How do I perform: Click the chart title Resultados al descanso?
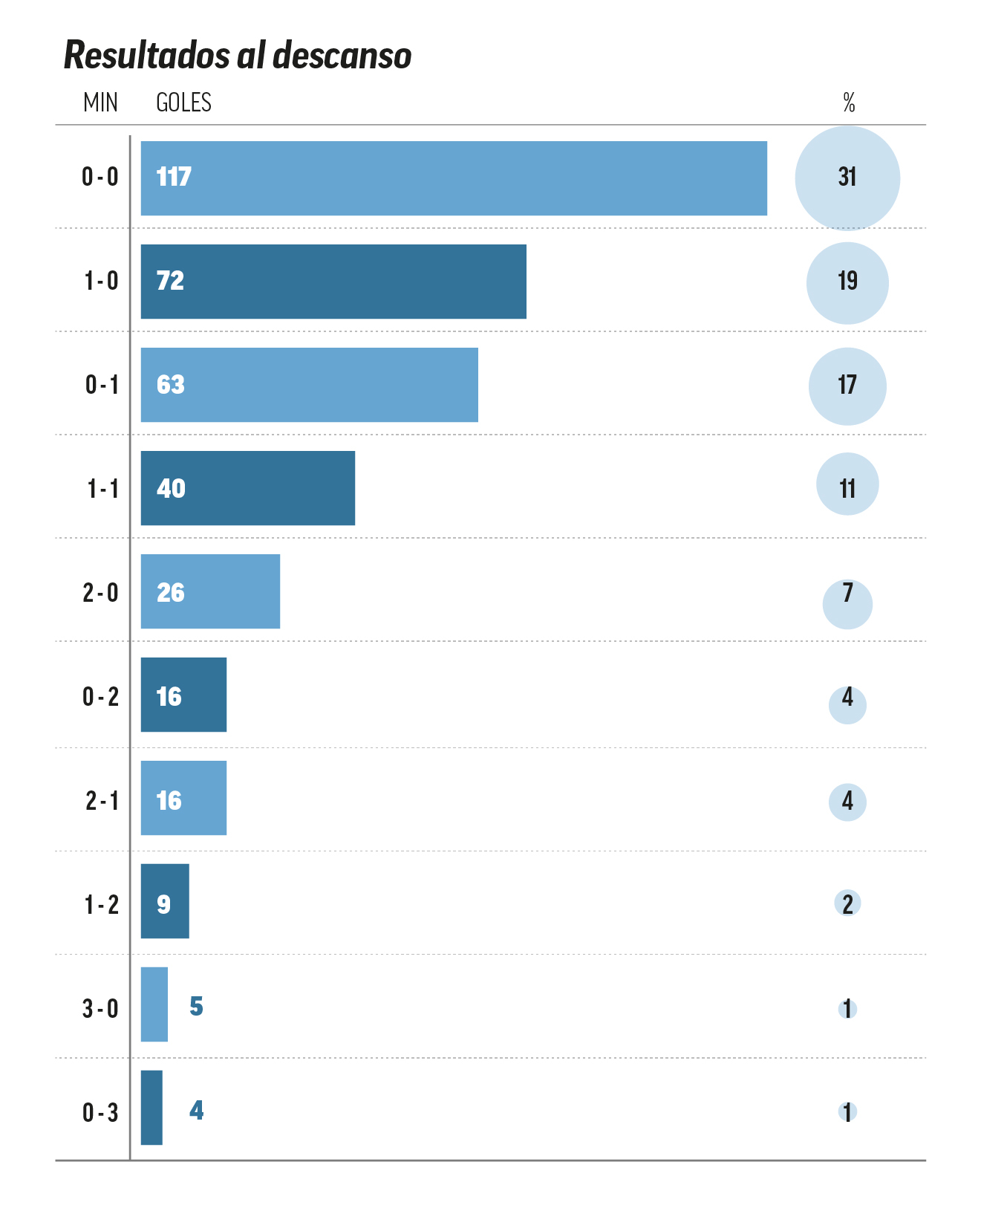coord(238,56)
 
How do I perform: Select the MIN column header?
coord(100,103)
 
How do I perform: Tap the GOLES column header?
coord(183,103)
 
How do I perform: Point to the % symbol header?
coord(849,103)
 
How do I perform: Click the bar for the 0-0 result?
coord(453,178)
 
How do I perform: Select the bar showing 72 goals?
coord(333,282)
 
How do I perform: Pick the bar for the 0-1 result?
coord(309,385)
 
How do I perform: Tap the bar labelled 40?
coord(247,488)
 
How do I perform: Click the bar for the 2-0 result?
coord(210,591)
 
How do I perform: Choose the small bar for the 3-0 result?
coord(154,1004)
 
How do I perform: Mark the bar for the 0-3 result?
coord(151,1108)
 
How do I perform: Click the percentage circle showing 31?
coord(847,178)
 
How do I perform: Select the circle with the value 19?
coord(847,282)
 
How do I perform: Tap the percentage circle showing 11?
coord(847,484)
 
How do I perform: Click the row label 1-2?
coord(101,905)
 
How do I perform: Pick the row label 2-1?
coord(101,801)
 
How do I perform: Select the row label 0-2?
coord(100,697)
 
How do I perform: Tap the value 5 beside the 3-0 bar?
coord(196,1006)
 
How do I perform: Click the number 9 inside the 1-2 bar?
coord(163,904)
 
